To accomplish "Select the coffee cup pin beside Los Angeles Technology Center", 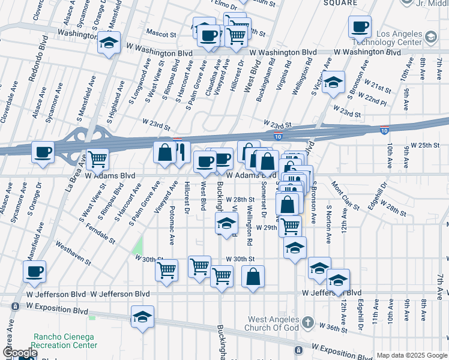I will [x=360, y=27].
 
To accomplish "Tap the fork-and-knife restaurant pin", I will [x=180, y=152].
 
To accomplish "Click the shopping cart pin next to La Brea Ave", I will [x=97, y=160].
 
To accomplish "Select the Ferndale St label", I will [x=100, y=230].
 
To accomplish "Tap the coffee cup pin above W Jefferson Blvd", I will [x=34, y=271].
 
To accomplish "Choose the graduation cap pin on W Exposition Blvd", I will [x=142, y=317].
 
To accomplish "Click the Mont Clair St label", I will [x=345, y=197].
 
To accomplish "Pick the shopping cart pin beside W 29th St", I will [x=290, y=226].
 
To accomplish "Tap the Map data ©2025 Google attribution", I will [x=412, y=355].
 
